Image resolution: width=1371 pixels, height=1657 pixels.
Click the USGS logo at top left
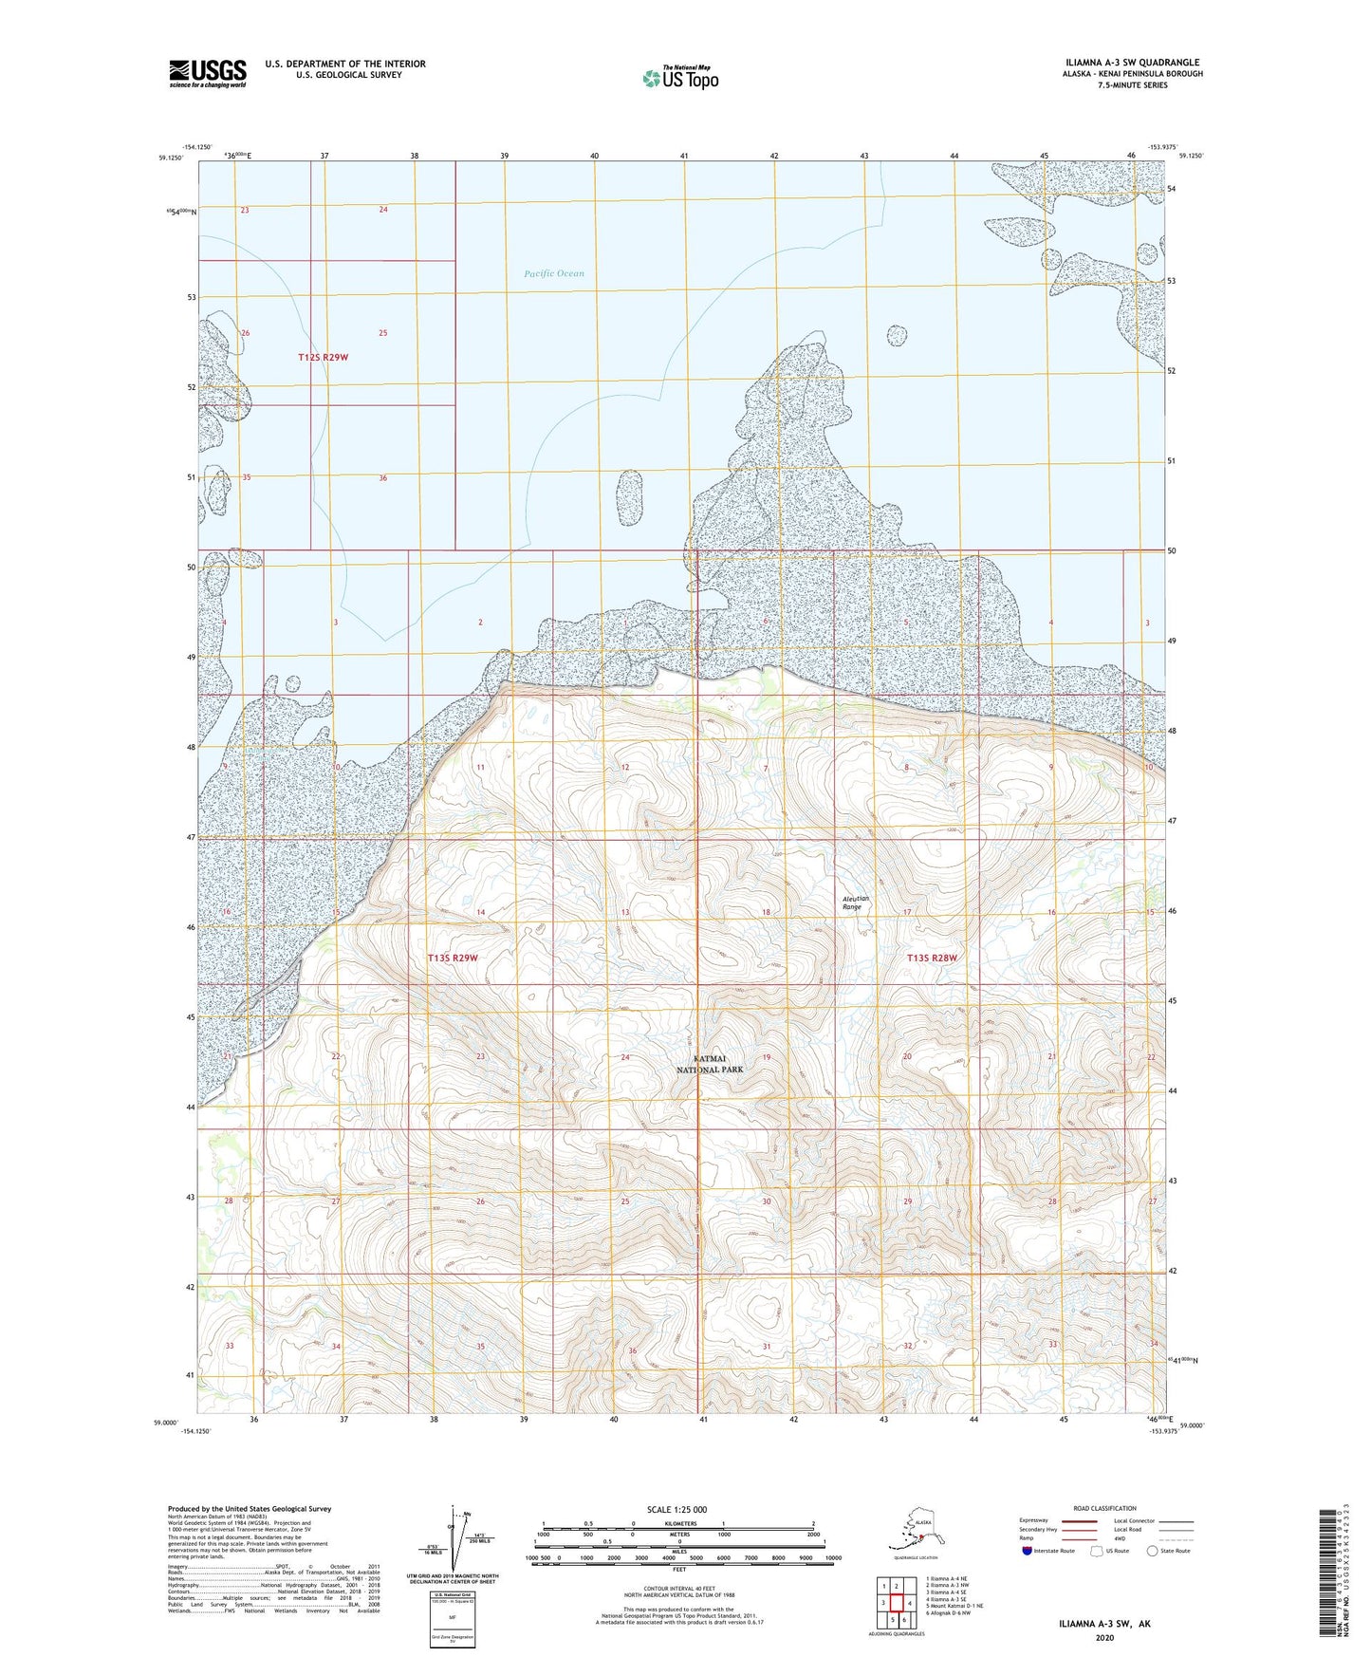pyautogui.click(x=208, y=72)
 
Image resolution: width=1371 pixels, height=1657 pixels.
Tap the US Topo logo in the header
pyautogui.click(x=680, y=78)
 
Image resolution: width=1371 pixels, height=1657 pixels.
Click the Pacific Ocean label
pyautogui.click(x=554, y=274)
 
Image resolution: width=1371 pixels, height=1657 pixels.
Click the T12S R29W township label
pyautogui.click(x=323, y=358)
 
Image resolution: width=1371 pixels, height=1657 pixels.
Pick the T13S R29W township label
pyautogui.click(x=453, y=959)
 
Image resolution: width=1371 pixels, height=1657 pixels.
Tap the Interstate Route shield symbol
pyautogui.click(x=1028, y=1552)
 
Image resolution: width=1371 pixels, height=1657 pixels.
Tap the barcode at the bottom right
pyautogui.click(x=1331, y=1585)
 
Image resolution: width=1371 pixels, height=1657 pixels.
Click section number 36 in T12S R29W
pyautogui.click(x=382, y=478)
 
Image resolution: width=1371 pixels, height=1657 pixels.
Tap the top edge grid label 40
pyautogui.click(x=594, y=155)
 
